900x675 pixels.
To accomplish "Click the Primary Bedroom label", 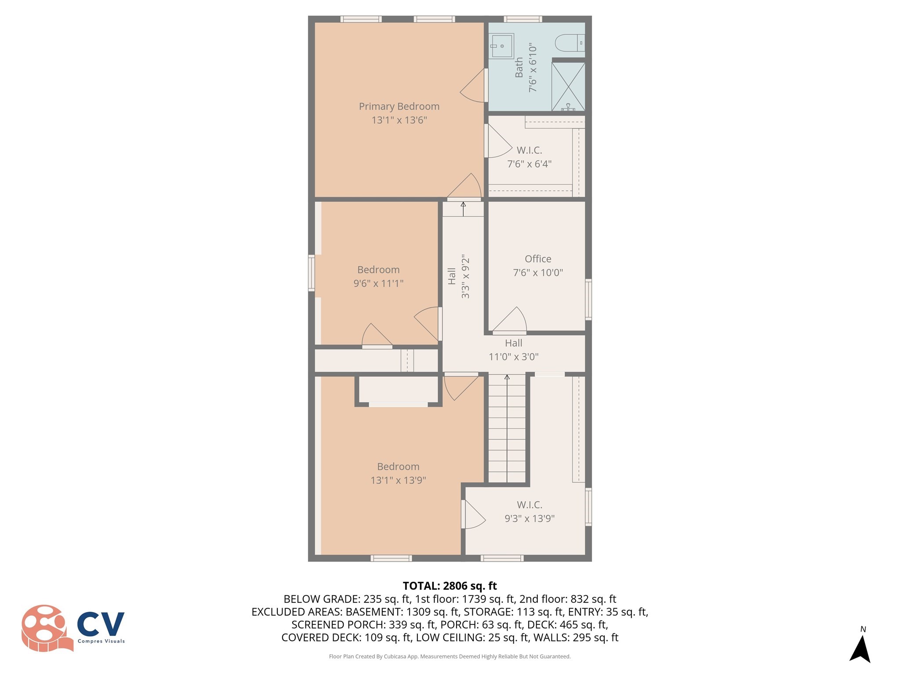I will tap(399, 106).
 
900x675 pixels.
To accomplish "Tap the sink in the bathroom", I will tap(502, 46).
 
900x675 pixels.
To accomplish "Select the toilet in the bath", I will tap(570, 43).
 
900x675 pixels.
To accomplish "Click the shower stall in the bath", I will tap(568, 86).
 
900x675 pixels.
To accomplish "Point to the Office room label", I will tap(537, 259).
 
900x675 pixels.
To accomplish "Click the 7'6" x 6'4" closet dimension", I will tap(529, 164).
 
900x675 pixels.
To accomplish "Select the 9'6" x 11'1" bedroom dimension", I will tap(378, 283).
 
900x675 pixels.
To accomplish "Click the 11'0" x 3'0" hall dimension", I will tap(513, 357).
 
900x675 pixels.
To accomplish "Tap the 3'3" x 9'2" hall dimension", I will tap(465, 276).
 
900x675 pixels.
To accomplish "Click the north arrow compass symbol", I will tap(860, 646).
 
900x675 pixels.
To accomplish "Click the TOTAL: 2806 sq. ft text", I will tap(450, 586).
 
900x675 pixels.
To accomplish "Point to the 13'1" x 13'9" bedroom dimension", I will tap(398, 480).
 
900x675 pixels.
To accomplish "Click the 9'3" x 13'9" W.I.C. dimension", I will tap(529, 519).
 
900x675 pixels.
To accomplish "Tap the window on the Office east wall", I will tap(588, 299).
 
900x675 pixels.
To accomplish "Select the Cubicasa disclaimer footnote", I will tap(450, 657).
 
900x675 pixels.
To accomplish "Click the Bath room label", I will tap(519, 67).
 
